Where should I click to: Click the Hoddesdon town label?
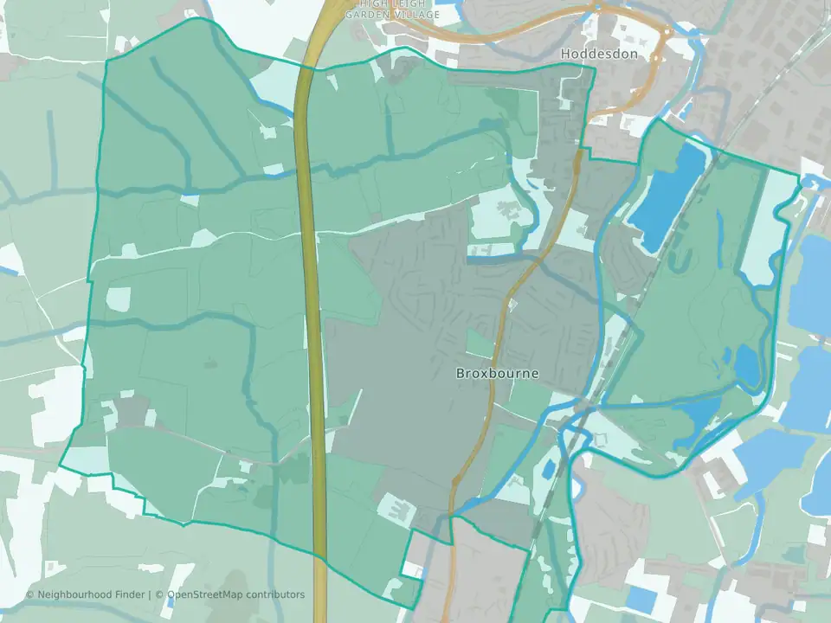(599, 54)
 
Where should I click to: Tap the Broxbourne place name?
(497, 374)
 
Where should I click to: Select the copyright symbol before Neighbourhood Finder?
(29, 594)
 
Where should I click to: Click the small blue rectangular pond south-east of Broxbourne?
(549, 470)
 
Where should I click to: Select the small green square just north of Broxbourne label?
(480, 343)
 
